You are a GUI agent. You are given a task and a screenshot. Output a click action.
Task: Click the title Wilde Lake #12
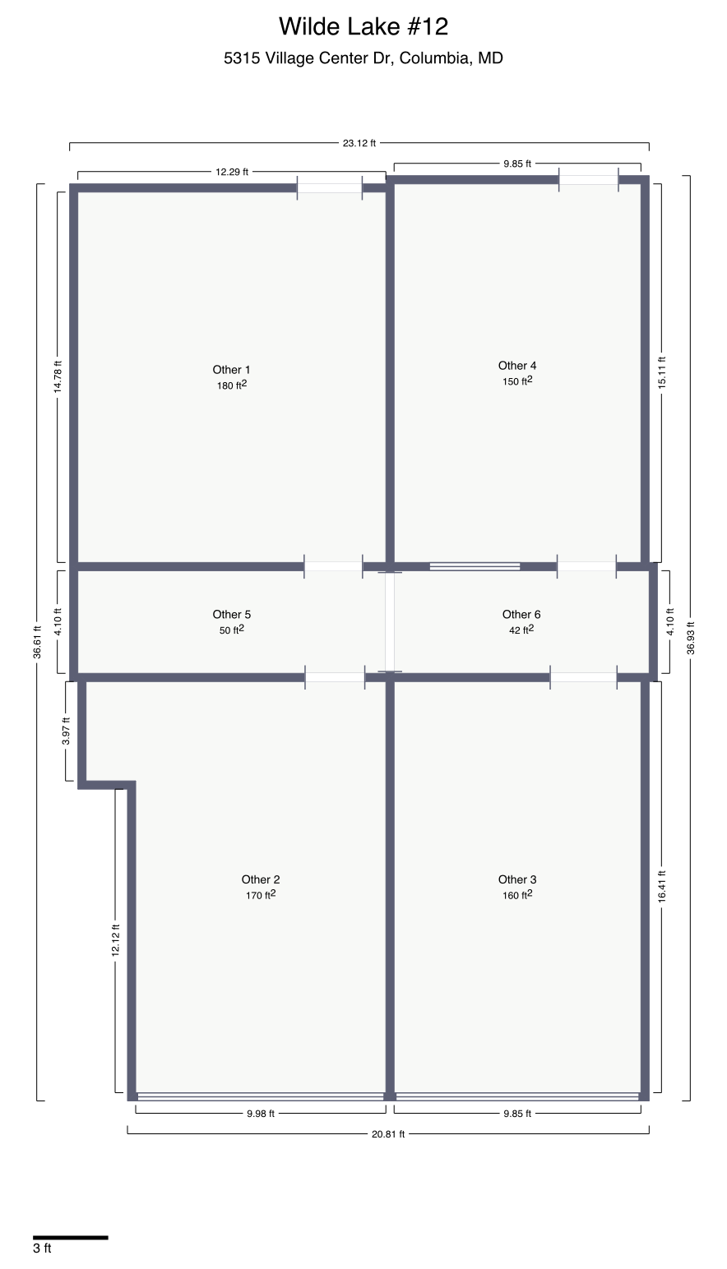point(363,26)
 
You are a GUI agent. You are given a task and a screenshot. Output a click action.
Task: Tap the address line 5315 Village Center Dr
point(363,58)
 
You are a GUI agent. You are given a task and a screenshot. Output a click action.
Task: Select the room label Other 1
point(231,370)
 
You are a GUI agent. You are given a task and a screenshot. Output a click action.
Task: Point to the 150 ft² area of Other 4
point(517,381)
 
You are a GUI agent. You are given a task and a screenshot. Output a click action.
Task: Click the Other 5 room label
point(231,614)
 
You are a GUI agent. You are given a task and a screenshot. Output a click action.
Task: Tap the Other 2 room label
point(261,879)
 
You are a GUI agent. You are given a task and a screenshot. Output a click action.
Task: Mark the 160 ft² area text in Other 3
point(517,895)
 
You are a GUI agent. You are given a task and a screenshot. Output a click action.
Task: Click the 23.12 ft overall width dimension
point(359,143)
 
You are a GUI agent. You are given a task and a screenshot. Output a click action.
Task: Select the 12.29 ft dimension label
point(231,172)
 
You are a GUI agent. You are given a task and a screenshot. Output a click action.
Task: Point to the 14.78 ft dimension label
point(58,376)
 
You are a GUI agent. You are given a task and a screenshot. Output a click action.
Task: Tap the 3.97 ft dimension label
point(67,731)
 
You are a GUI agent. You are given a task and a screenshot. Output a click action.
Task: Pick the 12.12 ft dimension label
point(116,939)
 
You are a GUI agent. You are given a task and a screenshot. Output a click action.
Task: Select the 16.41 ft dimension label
point(662,888)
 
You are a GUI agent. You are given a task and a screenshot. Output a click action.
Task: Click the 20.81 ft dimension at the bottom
point(388,1134)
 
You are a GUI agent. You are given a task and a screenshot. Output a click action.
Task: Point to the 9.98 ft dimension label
point(260,1114)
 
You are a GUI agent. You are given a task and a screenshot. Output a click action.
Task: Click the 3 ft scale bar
point(70,1237)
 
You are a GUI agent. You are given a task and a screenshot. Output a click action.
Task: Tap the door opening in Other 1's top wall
point(329,188)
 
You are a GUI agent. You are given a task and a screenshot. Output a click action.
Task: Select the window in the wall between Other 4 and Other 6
point(475,566)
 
